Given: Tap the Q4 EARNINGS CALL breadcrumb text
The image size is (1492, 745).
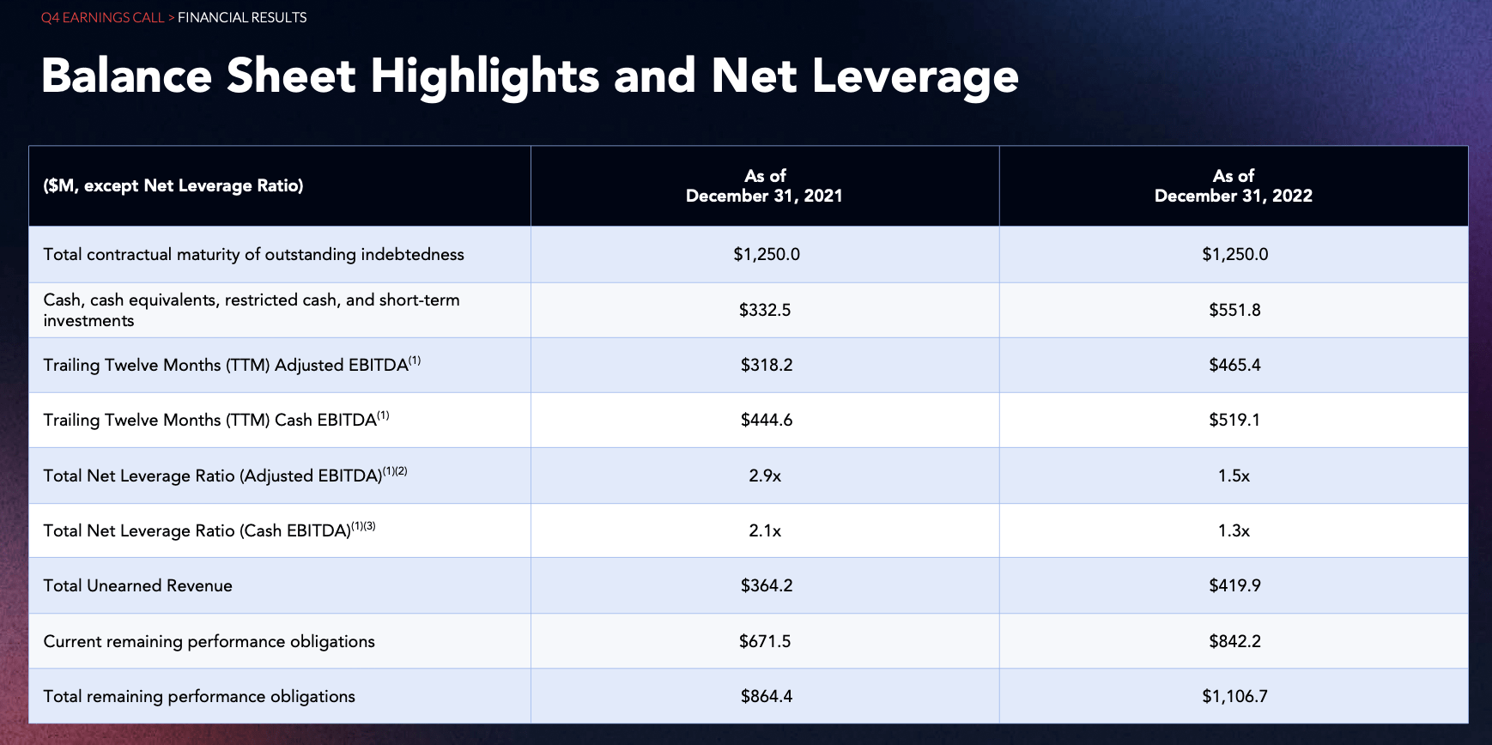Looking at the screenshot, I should [x=102, y=18].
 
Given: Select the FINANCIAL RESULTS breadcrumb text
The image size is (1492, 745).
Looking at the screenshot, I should [x=242, y=18].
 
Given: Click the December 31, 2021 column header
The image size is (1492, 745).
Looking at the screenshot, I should [x=764, y=186].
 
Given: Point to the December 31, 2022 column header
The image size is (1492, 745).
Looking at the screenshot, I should [x=1233, y=186].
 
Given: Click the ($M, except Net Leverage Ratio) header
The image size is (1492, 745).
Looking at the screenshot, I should [x=173, y=186].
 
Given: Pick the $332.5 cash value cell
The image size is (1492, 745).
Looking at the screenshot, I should [x=765, y=310].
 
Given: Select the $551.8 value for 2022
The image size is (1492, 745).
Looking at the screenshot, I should [x=1234, y=310].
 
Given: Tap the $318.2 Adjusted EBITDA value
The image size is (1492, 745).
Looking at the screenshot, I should [x=767, y=365].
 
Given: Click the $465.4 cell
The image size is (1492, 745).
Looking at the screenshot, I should [x=1234, y=365].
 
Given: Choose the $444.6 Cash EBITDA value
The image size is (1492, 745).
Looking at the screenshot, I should [x=767, y=420].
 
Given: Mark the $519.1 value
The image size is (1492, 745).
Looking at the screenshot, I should [x=1234, y=420].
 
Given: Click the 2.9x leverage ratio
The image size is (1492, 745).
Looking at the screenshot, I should [x=765, y=475].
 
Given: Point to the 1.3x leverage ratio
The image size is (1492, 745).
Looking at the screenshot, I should [x=1234, y=530].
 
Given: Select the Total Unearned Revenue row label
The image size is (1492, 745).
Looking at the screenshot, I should [x=138, y=585].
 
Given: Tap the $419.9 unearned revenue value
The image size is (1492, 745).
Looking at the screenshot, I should [x=1234, y=585].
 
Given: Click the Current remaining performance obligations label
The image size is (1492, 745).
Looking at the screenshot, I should [x=209, y=641].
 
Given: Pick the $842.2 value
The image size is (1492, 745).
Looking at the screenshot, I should [x=1234, y=641].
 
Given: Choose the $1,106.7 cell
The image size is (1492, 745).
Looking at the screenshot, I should [x=1234, y=696].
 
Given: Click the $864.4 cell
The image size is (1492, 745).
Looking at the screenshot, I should [x=767, y=696].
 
